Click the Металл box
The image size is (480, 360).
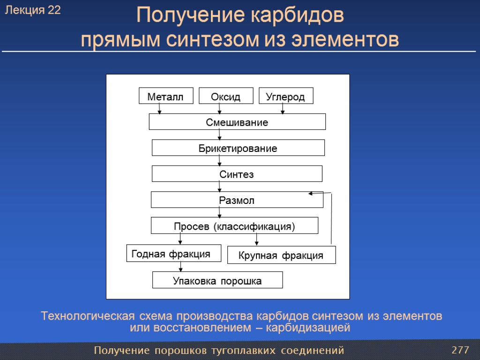(x=165, y=96)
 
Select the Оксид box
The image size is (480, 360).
(x=226, y=96)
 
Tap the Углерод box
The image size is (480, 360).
(x=285, y=96)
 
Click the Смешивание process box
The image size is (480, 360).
(x=237, y=122)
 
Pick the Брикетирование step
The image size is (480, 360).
(x=238, y=148)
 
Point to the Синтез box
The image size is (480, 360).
(x=237, y=174)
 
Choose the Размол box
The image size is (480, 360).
(x=237, y=200)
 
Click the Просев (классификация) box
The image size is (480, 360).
(x=234, y=225)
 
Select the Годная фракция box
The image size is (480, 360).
(x=173, y=254)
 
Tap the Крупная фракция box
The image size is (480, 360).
(x=281, y=255)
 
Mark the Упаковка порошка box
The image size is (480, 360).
(x=217, y=280)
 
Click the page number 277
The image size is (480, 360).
(x=460, y=350)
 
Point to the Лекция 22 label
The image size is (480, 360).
(x=33, y=10)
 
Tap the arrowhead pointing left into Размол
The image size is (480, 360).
(x=311, y=193)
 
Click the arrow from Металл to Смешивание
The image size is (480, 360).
(x=160, y=109)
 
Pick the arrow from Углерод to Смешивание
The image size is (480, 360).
(x=283, y=109)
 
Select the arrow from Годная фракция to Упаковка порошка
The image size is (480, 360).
(x=181, y=267)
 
